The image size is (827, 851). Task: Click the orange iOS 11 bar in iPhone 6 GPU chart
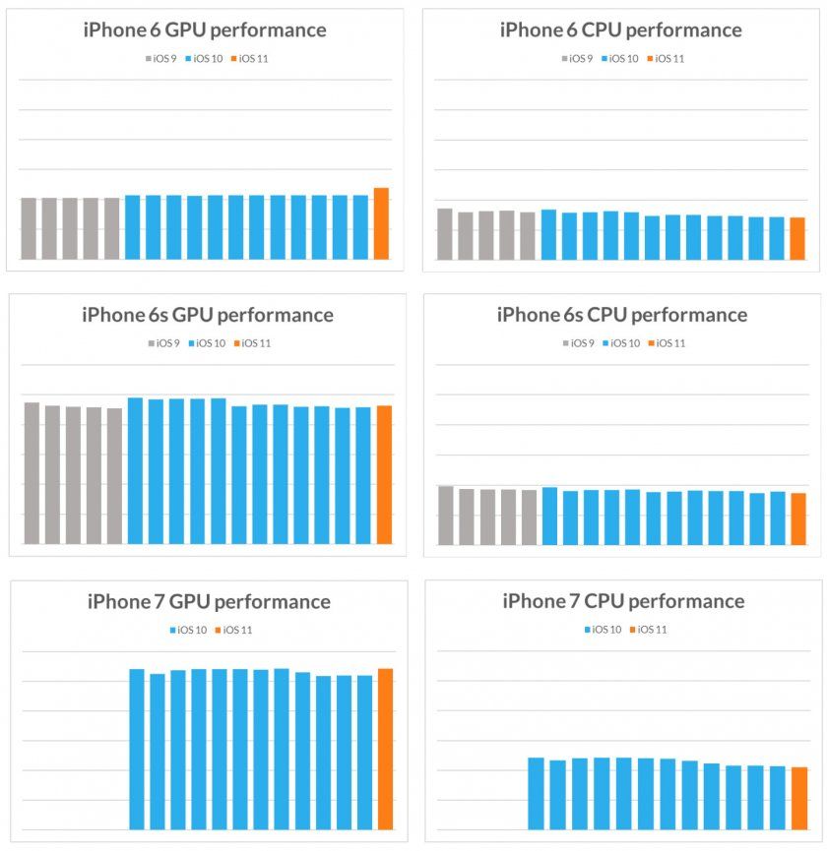tap(381, 223)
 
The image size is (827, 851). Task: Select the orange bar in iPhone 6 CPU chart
tap(797, 238)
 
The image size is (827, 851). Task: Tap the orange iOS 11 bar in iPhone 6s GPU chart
tap(384, 474)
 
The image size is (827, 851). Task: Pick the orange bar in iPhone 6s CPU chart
tap(798, 518)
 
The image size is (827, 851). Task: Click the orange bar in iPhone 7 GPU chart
tap(385, 749)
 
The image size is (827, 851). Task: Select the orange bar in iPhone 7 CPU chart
tap(799, 798)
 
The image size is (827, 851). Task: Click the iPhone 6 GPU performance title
tap(205, 30)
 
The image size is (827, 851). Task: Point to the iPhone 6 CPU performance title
tap(621, 30)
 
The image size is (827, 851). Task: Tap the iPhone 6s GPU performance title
tap(207, 315)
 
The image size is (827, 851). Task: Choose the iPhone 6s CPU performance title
tap(621, 315)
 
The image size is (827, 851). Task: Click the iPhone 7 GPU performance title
tap(209, 601)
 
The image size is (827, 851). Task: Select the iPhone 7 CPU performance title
tap(623, 601)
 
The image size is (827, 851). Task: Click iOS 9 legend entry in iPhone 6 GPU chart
tap(161, 59)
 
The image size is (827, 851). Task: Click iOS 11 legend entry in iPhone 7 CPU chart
tap(647, 630)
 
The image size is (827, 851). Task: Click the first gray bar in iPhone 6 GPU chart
tap(29, 228)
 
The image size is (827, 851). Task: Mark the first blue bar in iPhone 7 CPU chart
tap(537, 793)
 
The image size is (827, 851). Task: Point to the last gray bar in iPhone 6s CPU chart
tap(530, 517)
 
